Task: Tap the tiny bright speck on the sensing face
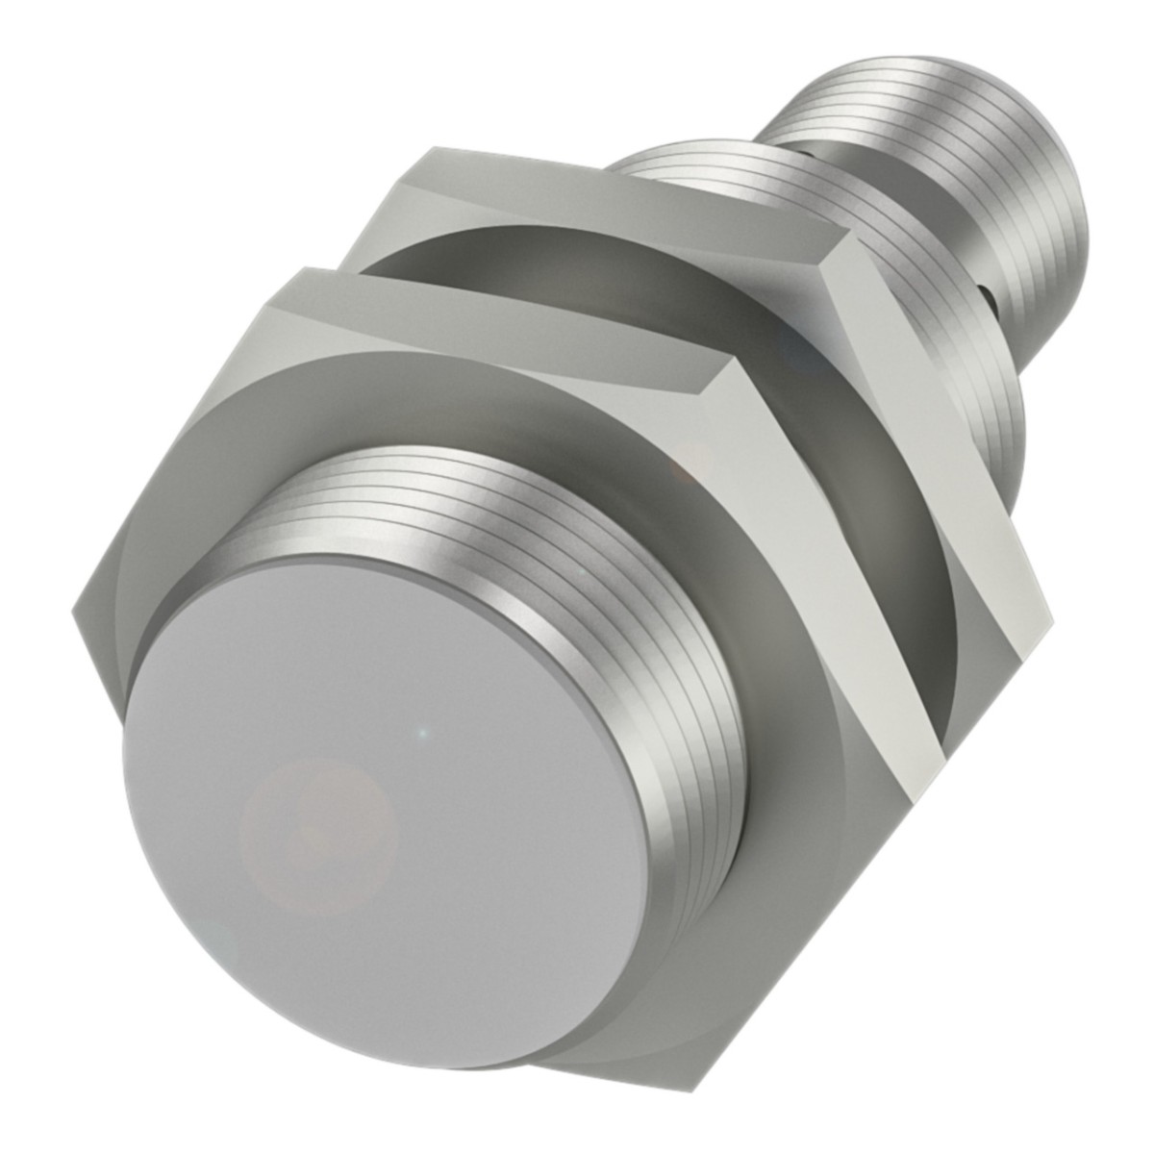(415, 734)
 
